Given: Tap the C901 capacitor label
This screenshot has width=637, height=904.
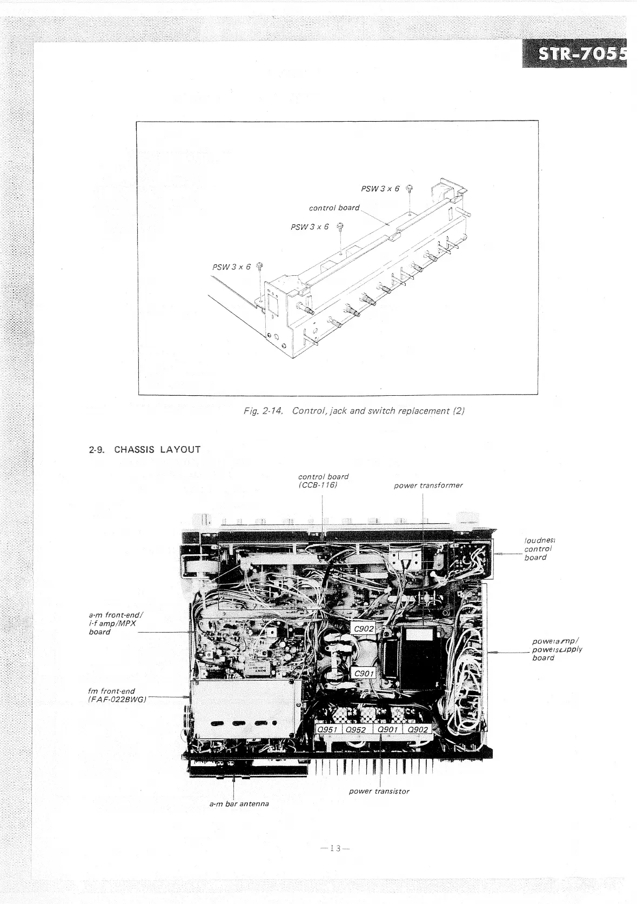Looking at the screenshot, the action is [x=364, y=673].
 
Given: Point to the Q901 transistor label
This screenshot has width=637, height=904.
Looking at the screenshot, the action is [x=387, y=729].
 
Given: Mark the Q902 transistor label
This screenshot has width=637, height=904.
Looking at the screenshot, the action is [x=418, y=729].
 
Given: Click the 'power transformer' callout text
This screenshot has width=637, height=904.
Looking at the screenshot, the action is [x=428, y=485].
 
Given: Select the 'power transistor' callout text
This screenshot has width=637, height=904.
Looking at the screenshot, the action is [x=379, y=791].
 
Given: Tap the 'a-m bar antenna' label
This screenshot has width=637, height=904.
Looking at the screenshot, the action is [x=239, y=803].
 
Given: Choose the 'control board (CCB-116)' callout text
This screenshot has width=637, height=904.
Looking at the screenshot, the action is [x=323, y=481].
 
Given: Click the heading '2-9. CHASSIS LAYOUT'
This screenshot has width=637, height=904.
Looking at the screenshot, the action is [x=144, y=449].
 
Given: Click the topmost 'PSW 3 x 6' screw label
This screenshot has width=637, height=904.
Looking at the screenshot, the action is [x=380, y=189].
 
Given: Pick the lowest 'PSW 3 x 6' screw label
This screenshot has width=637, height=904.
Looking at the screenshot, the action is [x=232, y=267].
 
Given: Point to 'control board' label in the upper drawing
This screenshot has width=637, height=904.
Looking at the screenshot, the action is [x=333, y=208].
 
